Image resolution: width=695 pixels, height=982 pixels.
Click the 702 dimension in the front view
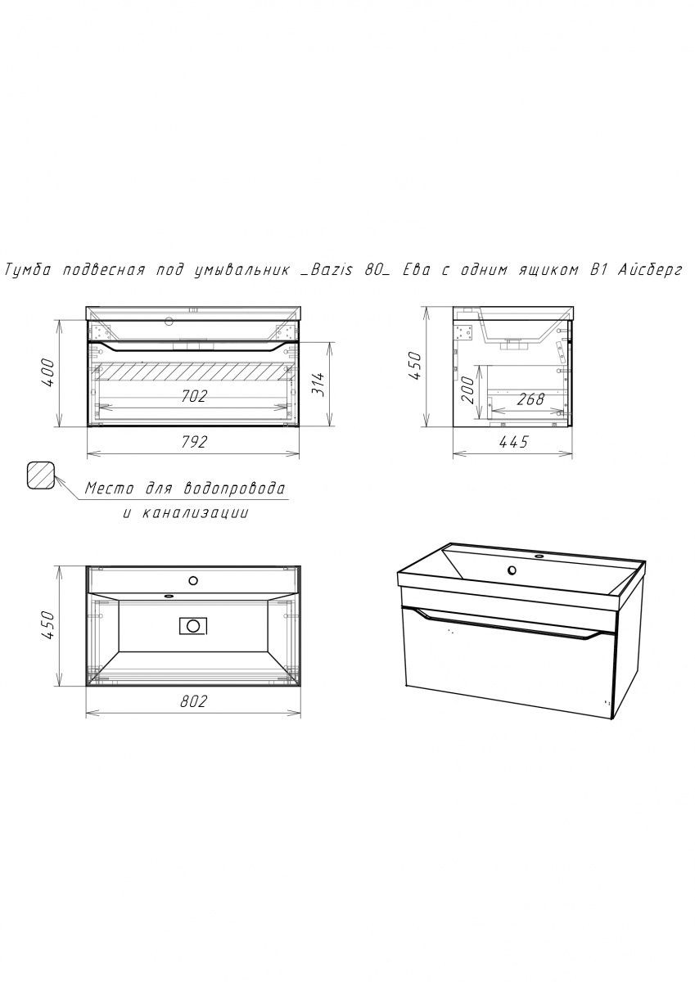point(194,396)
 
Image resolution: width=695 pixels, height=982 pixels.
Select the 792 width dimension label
point(194,442)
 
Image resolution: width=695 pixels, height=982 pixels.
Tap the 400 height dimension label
point(48,372)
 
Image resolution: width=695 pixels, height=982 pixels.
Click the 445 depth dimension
point(513,442)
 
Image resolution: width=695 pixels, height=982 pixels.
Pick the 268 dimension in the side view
point(530,399)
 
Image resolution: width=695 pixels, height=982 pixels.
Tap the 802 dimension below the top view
point(193,701)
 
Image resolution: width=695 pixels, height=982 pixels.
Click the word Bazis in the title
point(330,270)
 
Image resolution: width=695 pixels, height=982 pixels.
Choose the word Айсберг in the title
point(650,270)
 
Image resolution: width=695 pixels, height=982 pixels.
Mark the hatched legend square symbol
point(40,475)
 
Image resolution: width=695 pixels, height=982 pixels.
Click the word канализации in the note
point(196,513)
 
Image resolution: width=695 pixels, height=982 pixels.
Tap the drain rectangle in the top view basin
point(193,625)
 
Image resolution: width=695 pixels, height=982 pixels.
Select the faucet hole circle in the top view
point(193,581)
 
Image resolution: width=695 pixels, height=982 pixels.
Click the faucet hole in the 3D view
point(512,570)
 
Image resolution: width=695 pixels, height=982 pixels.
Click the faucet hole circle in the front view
point(169,322)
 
